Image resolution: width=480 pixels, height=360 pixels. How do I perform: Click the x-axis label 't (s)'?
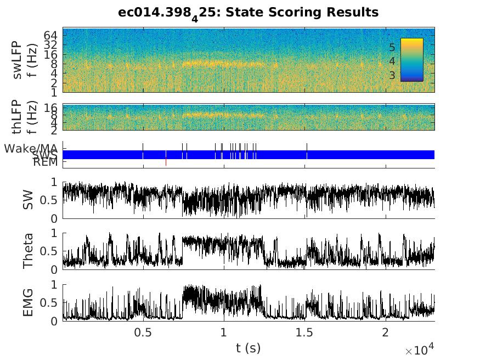tap(249, 347)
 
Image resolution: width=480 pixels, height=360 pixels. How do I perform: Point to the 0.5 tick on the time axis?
tap(143, 333)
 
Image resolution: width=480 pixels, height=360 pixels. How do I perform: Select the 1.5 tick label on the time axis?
tap(304, 333)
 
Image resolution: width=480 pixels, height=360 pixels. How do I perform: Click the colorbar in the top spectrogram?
tap(411, 59)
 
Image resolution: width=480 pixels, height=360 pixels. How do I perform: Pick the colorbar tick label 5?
tap(392, 48)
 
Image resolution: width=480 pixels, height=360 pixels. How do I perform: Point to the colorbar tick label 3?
tap(392, 75)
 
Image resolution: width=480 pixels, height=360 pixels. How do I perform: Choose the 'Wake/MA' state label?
tap(31, 149)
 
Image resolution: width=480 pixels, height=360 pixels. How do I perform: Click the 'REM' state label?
tap(45, 162)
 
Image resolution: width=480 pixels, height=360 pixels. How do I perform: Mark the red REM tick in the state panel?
tap(166, 162)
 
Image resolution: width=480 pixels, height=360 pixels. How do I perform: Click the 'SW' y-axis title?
tap(27, 200)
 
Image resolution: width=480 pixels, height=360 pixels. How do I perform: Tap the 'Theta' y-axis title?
tap(27, 251)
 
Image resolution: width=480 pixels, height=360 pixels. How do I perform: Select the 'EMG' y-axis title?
tap(27, 302)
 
